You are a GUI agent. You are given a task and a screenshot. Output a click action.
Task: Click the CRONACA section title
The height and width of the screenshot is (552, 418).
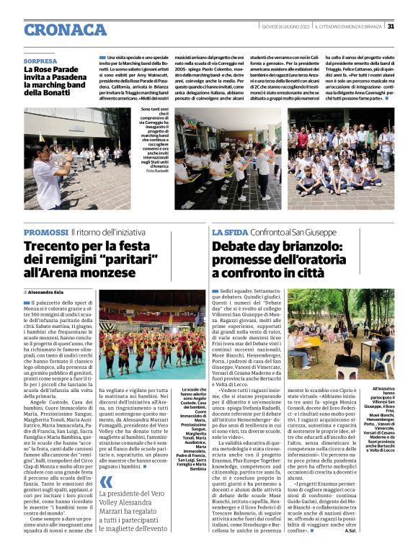65,30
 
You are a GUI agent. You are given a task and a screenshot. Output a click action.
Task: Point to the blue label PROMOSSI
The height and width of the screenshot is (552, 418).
45,232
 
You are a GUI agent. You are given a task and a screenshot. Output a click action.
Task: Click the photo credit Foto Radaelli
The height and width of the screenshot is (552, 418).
156,170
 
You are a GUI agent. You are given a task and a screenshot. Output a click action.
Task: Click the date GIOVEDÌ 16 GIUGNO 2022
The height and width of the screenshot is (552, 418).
289,27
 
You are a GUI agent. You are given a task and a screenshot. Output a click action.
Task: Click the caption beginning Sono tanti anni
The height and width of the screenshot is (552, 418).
156,135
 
